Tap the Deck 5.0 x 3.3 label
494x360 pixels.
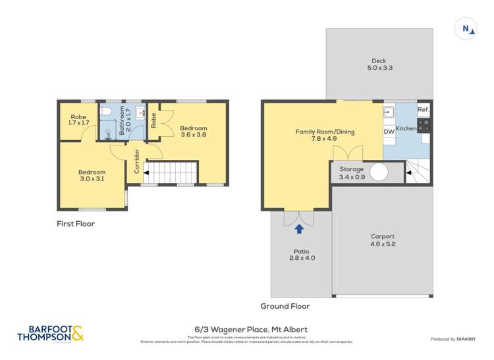click(x=379, y=64)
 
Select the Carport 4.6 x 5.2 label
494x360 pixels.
click(x=382, y=240)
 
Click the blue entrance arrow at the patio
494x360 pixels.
click(x=299, y=228)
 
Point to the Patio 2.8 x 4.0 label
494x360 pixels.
click(x=303, y=255)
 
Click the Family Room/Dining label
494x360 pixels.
click(x=324, y=135)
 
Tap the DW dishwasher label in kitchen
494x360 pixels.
click(x=389, y=132)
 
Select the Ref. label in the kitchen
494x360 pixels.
click(x=423, y=109)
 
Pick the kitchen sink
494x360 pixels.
click(x=389, y=111)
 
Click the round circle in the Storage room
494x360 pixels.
click(x=379, y=172)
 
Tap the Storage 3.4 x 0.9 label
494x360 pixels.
click(x=350, y=172)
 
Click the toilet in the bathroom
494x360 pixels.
click(x=107, y=111)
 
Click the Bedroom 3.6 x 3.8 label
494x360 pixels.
click(x=194, y=132)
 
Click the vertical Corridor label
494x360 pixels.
click(x=137, y=161)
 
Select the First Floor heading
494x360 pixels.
click(x=76, y=224)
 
